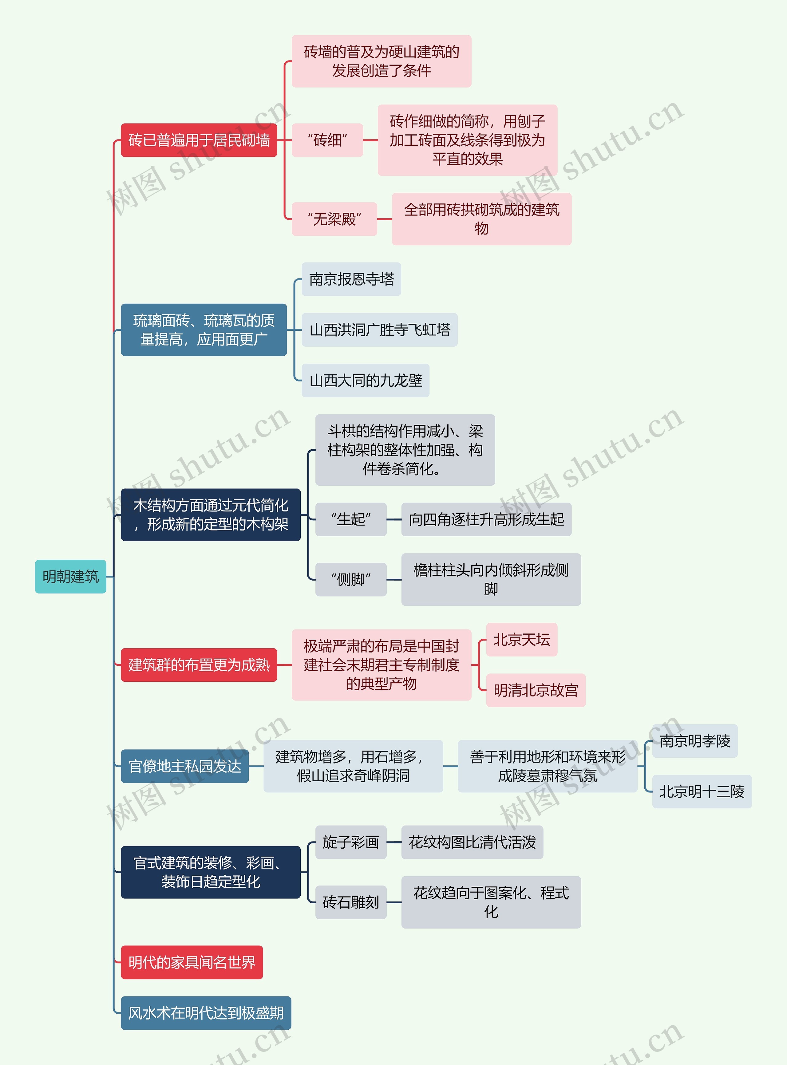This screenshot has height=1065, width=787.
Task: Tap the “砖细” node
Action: click(327, 140)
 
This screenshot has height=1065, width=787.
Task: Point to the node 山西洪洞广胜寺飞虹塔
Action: click(379, 329)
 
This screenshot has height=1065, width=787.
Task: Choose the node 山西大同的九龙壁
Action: click(366, 381)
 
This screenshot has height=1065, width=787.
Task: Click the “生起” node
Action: click(351, 519)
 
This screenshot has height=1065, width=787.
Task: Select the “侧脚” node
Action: click(351, 580)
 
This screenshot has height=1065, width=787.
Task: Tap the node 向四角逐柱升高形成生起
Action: click(486, 519)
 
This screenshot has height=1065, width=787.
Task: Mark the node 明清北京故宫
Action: click(536, 690)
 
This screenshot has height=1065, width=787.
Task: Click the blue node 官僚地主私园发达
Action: click(185, 766)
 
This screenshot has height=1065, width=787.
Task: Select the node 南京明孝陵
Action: click(694, 741)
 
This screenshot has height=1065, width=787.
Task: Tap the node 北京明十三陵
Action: click(702, 792)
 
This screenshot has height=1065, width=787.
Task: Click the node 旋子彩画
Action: click(351, 842)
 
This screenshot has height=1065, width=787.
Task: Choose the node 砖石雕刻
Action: click(351, 902)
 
